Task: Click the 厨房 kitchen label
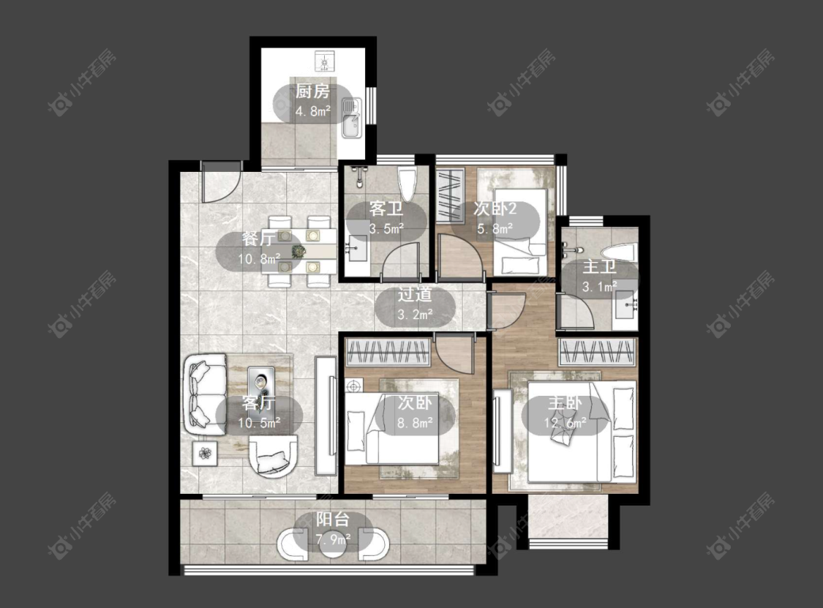[x=312, y=92]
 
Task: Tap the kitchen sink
[x=351, y=118]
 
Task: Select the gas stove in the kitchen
[x=324, y=61]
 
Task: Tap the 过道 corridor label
[x=415, y=295]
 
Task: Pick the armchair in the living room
[x=273, y=456]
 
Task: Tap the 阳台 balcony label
[x=333, y=519]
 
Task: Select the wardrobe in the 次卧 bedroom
[x=388, y=352]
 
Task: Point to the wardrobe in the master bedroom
[x=598, y=352]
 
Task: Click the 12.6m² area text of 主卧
[x=565, y=422]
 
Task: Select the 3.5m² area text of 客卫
[x=386, y=228]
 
